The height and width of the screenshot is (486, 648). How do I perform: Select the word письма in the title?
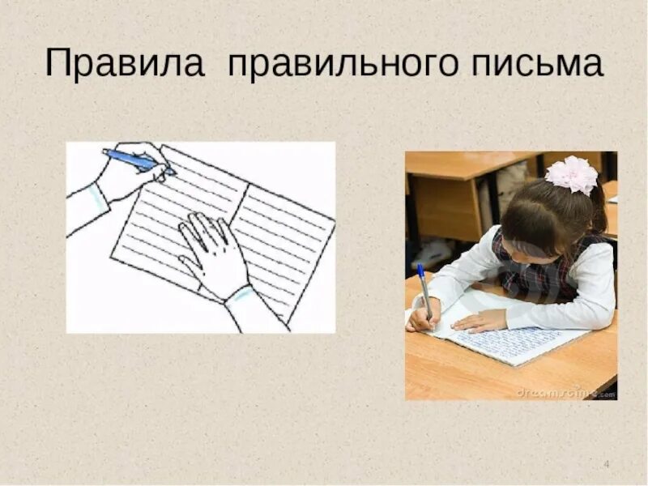click(526, 63)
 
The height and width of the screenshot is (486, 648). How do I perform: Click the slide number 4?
click(607, 463)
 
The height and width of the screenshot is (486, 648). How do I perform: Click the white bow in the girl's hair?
click(572, 175)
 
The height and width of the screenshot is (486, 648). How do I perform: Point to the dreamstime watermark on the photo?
click(559, 391)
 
